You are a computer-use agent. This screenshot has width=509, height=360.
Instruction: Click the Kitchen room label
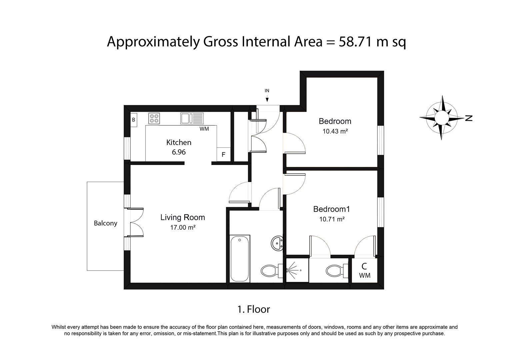(179, 143)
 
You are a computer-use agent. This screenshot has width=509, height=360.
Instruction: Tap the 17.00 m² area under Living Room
(183, 227)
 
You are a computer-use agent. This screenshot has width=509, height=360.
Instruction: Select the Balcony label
(105, 223)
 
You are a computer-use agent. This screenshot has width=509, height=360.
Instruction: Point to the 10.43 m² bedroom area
(335, 131)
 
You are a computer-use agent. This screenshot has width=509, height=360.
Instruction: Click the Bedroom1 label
(332, 209)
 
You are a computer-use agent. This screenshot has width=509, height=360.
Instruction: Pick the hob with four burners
(154, 118)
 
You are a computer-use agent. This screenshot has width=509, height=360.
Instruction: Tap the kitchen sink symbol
(192, 118)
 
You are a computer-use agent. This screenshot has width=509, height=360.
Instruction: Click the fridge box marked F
(224, 155)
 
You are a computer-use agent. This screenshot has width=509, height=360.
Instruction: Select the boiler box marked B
(134, 120)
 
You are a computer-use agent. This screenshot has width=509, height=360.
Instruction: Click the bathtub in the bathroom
(240, 259)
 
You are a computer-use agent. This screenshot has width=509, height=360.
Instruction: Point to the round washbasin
(277, 243)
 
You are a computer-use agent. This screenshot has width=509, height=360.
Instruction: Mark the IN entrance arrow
(267, 100)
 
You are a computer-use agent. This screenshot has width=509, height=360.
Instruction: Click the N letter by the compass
(469, 118)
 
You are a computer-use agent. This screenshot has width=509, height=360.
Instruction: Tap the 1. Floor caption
(254, 309)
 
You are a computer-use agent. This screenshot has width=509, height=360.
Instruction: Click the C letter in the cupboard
(364, 266)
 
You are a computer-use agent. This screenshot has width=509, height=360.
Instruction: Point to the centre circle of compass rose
(442, 118)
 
